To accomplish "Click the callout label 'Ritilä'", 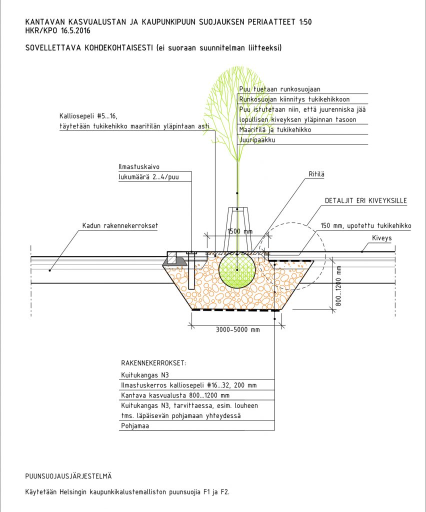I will (315, 174).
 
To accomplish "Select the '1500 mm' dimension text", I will (240, 231).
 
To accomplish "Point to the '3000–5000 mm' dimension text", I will (238, 329).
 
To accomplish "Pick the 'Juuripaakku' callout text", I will (257, 140).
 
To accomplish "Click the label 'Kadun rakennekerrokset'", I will (120, 225).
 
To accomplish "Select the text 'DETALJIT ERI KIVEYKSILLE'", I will (366, 201).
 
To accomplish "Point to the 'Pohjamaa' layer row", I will (135, 426).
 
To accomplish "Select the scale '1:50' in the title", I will (307, 22).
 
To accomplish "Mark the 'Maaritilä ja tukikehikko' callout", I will (275, 129).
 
